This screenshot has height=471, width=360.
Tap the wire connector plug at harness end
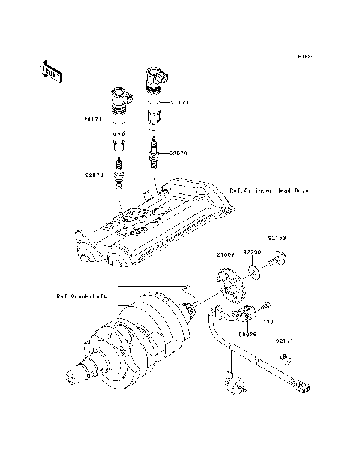pyautogui.click(x=303, y=386)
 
